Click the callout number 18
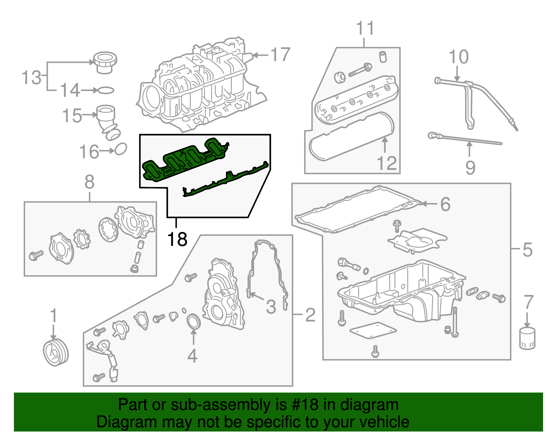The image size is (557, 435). (x=177, y=240)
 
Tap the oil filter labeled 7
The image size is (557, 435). (x=527, y=338)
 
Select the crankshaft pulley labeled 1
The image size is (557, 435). (x=56, y=353)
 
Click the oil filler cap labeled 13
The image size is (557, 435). (x=105, y=63)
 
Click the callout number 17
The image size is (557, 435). (x=280, y=55)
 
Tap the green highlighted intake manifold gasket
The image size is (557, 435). (x=185, y=160)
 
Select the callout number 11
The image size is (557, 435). (x=365, y=28)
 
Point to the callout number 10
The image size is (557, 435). (x=458, y=57)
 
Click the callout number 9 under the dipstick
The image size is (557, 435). (x=470, y=168)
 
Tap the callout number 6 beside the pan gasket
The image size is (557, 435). (x=445, y=204)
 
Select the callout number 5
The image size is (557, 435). (x=527, y=250)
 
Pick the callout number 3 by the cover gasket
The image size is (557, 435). (x=271, y=306)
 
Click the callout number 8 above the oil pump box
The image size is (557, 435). (x=89, y=182)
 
